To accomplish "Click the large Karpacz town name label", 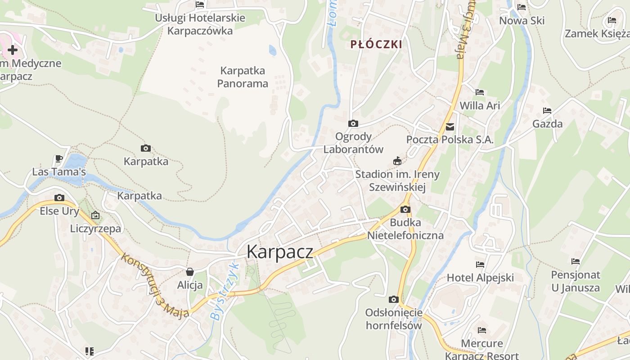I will point(279,252).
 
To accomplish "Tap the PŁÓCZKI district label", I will point(376,44).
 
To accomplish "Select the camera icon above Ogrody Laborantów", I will point(353,123).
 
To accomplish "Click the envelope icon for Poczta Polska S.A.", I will point(450,127).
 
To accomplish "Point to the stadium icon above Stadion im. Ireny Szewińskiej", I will point(397,161).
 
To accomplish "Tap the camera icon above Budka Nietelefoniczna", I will point(405,209).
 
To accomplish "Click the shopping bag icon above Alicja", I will point(190,272).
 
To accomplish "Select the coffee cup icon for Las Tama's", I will point(58,158).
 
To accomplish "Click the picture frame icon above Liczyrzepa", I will point(95,216).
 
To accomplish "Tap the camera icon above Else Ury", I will point(59,198).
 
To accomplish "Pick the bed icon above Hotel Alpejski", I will point(480,265).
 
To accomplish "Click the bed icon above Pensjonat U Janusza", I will point(576,261).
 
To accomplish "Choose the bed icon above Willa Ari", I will point(480,92).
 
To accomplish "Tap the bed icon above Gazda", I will point(547,110).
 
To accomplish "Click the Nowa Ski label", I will point(522,20).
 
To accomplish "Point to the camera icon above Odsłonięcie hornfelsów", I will point(394,299).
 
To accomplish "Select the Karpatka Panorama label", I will point(243,77).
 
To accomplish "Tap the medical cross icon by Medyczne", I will point(12,50).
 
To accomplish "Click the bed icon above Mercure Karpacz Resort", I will point(482,330).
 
